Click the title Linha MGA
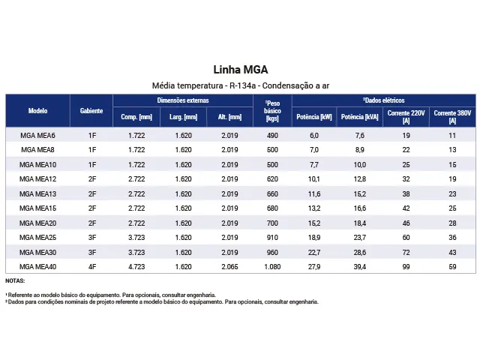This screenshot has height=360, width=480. [241, 70]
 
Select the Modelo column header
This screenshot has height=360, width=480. [38, 111]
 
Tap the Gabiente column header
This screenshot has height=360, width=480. [91, 111]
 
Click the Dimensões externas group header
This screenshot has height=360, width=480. [183, 100]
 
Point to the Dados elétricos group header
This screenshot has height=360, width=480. [384, 100]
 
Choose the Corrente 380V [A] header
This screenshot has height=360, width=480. [452, 117]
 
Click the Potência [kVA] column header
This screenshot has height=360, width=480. [360, 117]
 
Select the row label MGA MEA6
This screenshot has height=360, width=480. [38, 135]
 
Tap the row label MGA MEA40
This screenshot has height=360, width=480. [38, 267]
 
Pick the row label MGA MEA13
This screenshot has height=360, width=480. [38, 193]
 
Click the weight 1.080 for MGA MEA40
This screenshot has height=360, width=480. [272, 267]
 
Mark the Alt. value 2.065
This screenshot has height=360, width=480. [229, 267]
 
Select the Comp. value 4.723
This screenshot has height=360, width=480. [136, 267]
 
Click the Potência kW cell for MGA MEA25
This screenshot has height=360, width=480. [314, 238]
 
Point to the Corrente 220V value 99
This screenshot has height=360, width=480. [406, 267]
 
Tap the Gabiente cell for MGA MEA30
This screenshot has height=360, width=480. [92, 252]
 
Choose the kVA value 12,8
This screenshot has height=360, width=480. [360, 179]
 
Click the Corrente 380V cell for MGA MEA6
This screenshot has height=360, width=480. [452, 135]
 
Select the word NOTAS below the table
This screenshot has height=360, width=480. [15, 280]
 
